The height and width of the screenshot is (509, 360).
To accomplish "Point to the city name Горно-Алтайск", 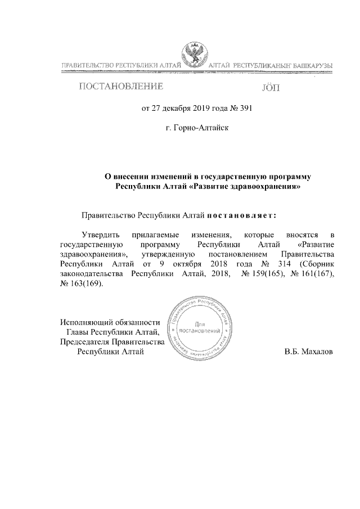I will click(x=197, y=128).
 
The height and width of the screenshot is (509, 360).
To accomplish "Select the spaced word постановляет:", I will click(x=242, y=215).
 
